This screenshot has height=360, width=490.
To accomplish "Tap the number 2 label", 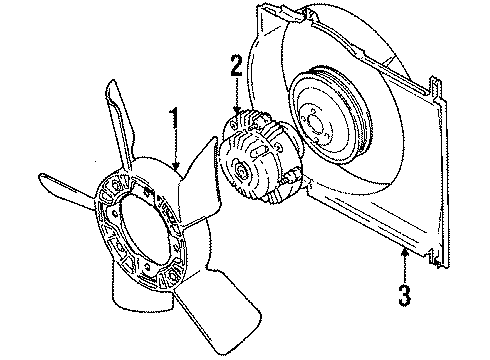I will [x=236, y=68].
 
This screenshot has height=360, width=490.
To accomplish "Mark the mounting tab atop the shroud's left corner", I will [x=268, y=13].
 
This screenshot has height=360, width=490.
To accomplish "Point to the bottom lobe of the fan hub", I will [x=135, y=300].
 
